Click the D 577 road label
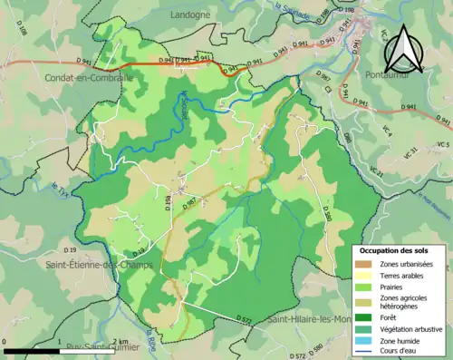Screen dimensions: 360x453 [x=243, y=319]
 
